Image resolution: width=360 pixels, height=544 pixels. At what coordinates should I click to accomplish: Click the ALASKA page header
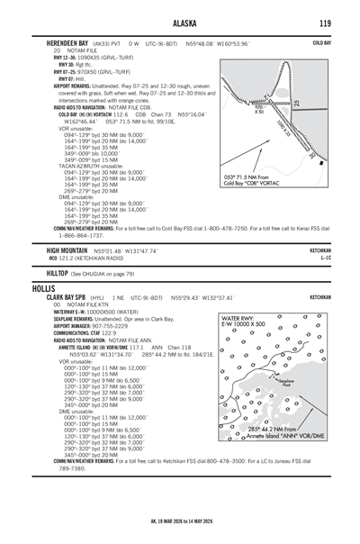coord(180,23)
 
